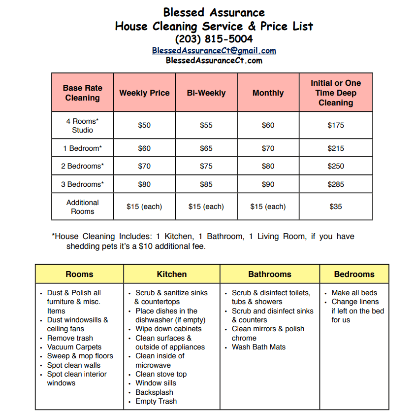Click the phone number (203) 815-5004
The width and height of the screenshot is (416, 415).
pyautogui.click(x=214, y=39)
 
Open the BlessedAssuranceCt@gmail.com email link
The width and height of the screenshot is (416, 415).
pyautogui.click(x=214, y=50)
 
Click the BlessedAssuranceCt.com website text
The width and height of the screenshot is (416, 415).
pyautogui.click(x=214, y=61)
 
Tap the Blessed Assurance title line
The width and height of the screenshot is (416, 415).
pyautogui.click(x=214, y=12)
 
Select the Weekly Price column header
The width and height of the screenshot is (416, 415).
pyautogui.click(x=144, y=93)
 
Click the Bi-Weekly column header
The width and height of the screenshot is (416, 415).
pyautogui.click(x=206, y=93)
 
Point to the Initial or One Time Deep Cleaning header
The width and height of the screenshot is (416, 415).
pyautogui.click(x=336, y=93)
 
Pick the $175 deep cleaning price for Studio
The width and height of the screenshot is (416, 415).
pyautogui.click(x=336, y=125)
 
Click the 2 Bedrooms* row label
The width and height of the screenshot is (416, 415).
pyautogui.click(x=82, y=166)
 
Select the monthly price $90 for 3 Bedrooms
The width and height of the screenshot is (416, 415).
pyautogui.click(x=268, y=184)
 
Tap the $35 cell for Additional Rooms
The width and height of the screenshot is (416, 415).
pyautogui.click(x=336, y=207)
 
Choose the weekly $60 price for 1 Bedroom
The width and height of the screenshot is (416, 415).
pyautogui.click(x=144, y=148)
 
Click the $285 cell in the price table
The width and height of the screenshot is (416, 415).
pyautogui.click(x=336, y=184)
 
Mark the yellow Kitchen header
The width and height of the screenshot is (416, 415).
pyautogui.click(x=172, y=274)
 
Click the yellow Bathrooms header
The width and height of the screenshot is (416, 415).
pyautogui.click(x=270, y=274)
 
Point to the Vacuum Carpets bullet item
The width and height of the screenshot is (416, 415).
pyautogui.click(x=74, y=347)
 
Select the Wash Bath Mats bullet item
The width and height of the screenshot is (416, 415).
pyautogui.click(x=258, y=347)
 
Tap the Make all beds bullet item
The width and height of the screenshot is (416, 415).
pyautogui.click(x=354, y=293)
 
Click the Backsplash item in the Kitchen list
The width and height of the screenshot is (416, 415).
pyautogui.click(x=154, y=392)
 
